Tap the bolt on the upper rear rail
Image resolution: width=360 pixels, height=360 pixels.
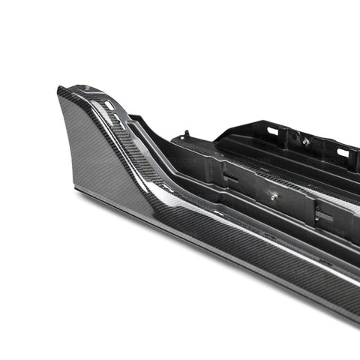pos(307,140)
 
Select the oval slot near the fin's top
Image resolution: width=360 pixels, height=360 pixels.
pos(109,106)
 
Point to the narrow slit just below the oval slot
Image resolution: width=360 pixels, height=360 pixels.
pos(112,118)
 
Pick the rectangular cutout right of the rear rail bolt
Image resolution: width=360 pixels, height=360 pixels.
pos(343,153)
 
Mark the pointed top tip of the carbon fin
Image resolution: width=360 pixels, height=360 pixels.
pos(59,91)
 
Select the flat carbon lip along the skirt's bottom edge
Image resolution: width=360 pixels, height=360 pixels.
pos(225,270)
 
